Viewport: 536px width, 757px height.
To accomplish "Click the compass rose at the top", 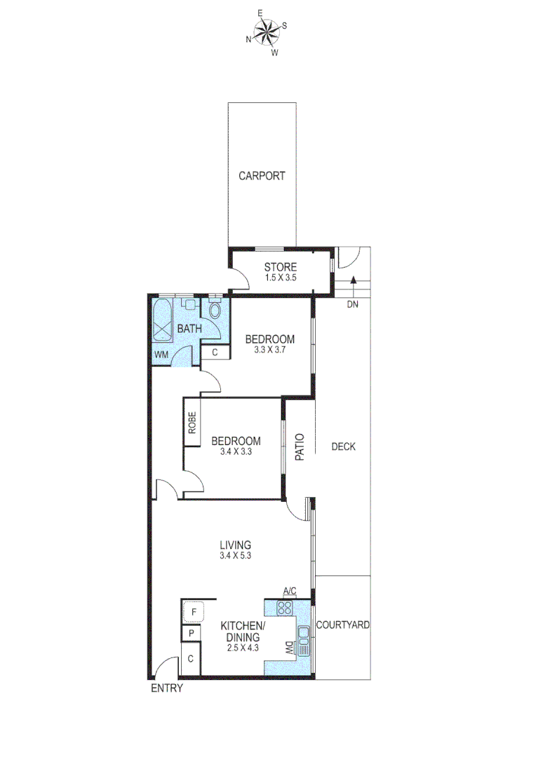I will [x=267, y=31].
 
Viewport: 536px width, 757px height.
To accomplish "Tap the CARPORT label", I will [x=262, y=176].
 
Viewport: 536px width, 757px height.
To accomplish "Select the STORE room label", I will [x=280, y=267].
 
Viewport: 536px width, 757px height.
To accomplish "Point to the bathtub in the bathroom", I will [x=163, y=322].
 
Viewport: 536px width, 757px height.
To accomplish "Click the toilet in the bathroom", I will [x=215, y=309].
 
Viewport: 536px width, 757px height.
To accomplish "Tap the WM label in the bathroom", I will [x=162, y=355].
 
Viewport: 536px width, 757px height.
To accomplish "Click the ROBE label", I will [x=192, y=423].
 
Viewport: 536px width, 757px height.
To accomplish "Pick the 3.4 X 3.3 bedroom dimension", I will [x=236, y=452].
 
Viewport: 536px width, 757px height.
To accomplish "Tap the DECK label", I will [x=344, y=446].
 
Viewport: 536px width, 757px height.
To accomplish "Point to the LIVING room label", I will [x=235, y=545].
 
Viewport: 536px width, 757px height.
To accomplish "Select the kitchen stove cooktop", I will [x=284, y=608].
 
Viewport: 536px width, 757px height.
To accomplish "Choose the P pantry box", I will [x=189, y=634].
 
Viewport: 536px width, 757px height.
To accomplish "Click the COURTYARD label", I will [x=342, y=625].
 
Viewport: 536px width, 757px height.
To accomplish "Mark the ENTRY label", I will [x=167, y=688].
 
